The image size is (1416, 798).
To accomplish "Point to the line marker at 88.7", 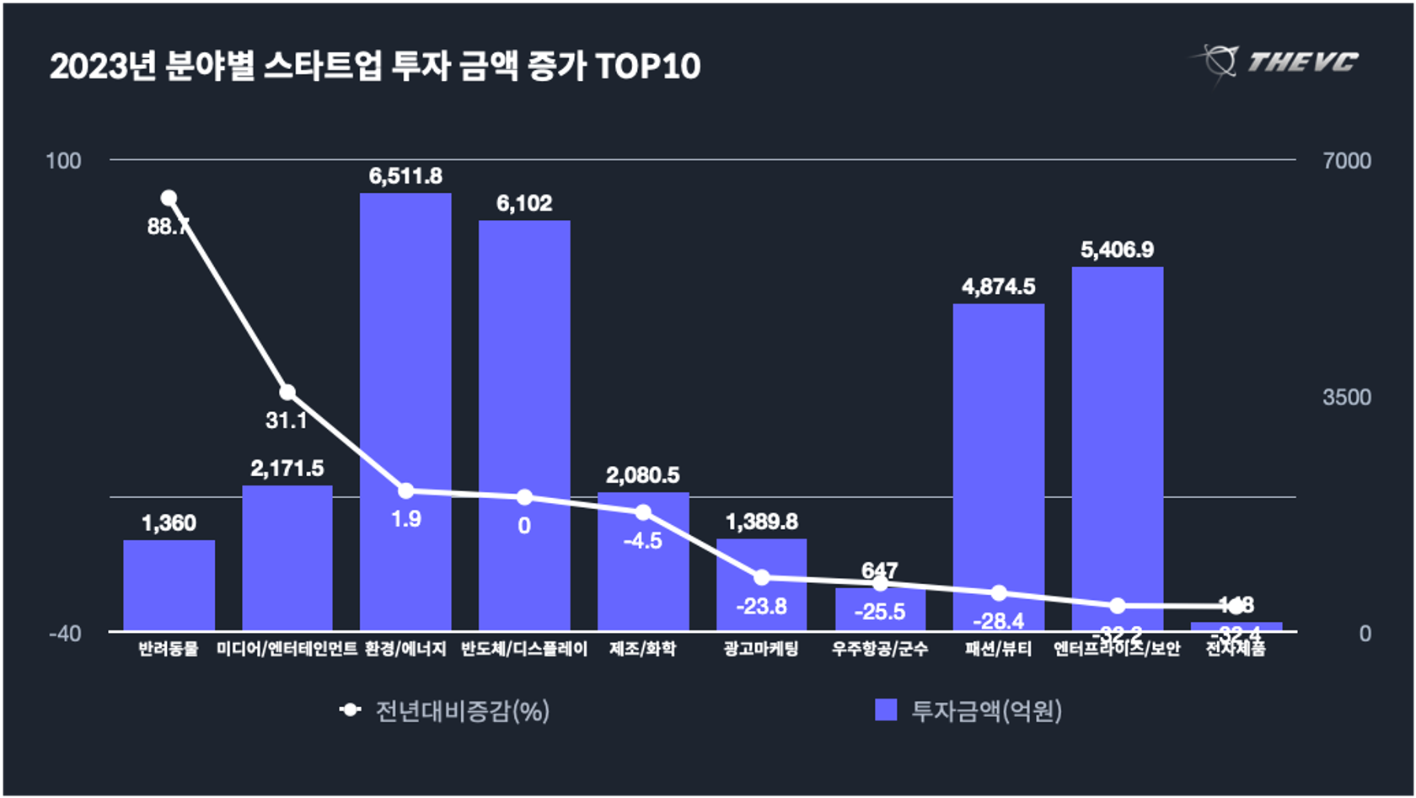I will [x=169, y=198].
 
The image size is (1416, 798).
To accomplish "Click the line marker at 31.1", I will [x=287, y=392].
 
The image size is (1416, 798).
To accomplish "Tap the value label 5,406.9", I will [x=1117, y=249].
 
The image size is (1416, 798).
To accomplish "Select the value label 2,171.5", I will [x=287, y=469].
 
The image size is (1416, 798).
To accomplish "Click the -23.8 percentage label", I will [x=761, y=606].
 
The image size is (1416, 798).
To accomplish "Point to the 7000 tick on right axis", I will [x=1346, y=161].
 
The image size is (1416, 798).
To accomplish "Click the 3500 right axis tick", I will [x=1346, y=397].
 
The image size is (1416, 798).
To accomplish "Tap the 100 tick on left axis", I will [x=63, y=161].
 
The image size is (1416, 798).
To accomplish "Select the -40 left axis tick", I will [x=65, y=633].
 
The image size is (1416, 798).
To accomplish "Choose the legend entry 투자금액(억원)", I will [x=969, y=710].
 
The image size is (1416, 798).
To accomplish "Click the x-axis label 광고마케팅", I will [x=761, y=649].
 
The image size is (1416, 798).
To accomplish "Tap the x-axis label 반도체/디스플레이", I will [x=524, y=649].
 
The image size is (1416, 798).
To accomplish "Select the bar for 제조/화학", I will [x=643, y=573].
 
